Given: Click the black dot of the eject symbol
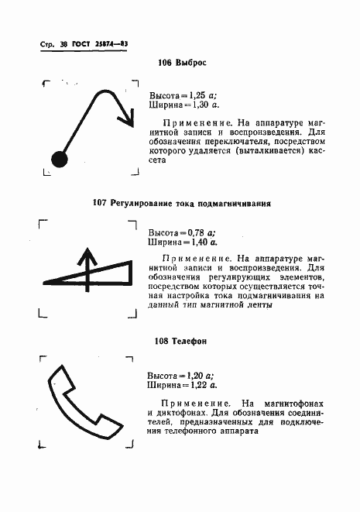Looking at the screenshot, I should tap(60, 160).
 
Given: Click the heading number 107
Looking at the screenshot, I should tap(100, 204).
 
